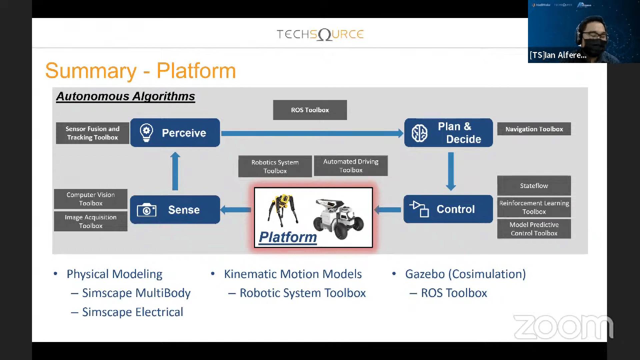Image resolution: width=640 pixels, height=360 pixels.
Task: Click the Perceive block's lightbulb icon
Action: click(146, 133)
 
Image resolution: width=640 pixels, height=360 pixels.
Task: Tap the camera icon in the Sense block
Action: click(147, 210)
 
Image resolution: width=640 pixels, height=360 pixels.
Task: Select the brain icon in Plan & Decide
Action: click(419, 133)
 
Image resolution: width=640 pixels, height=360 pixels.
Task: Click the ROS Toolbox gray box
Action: click(310, 110)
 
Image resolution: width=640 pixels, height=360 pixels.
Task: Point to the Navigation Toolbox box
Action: click(534, 129)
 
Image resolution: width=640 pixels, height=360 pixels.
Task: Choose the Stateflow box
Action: click(534, 186)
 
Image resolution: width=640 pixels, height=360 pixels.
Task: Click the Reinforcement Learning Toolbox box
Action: click(534, 207)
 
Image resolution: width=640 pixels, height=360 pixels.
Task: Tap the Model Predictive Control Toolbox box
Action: click(534, 229)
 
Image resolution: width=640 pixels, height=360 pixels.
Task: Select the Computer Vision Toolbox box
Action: click(91, 199)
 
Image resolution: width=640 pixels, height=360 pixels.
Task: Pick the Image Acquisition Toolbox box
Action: click(91, 221)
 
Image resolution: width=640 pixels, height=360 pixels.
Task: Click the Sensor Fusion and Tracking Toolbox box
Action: click(92, 133)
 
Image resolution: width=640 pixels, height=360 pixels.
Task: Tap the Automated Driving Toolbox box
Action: click(351, 166)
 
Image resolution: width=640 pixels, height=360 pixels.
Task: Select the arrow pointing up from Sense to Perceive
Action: click(175, 172)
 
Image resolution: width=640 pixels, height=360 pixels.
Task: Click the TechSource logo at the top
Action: click(320, 34)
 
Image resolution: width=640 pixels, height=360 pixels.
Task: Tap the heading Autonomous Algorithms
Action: click(125, 96)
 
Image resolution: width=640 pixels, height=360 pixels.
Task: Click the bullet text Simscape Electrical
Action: click(132, 312)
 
